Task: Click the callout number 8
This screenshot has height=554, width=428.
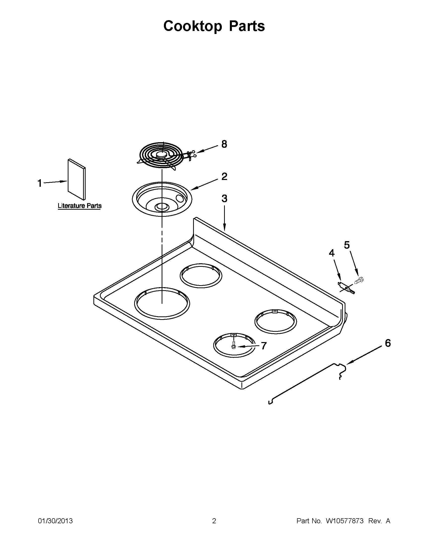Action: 224,144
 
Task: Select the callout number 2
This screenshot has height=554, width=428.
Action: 224,176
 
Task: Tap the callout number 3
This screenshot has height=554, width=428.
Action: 224,198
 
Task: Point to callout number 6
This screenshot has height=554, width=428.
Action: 388,343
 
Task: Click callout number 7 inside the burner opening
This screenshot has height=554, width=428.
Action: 264,346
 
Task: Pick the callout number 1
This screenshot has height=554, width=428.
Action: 40,183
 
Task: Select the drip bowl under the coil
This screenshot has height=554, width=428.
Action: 162,199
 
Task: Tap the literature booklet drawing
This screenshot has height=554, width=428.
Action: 76,179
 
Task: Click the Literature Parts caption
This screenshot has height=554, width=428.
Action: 79,206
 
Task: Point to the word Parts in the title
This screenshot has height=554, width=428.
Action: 246,26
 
